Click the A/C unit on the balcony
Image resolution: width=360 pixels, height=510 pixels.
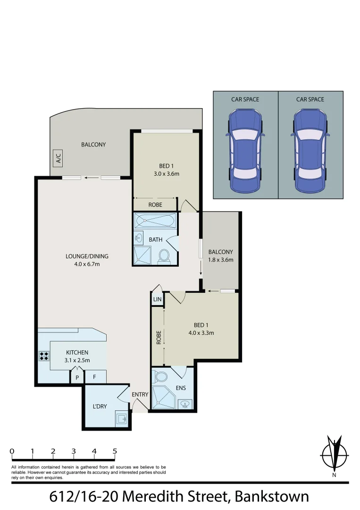(59, 158)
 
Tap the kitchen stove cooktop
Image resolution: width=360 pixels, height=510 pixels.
(44, 356)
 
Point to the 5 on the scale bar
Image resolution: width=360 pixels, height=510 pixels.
(115, 451)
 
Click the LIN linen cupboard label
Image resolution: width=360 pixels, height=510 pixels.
(157, 299)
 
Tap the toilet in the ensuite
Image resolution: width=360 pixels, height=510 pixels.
(160, 377)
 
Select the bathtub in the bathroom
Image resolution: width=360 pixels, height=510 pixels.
(155, 221)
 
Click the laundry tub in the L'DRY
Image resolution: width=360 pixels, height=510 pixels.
(121, 418)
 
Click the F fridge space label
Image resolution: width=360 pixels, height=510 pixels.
(94, 377)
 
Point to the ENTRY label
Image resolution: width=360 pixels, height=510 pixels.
(140, 394)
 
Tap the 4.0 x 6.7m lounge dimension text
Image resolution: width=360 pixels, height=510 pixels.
(86, 264)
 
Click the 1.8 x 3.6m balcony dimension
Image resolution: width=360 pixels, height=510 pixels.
(221, 260)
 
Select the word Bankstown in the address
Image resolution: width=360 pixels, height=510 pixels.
(272, 497)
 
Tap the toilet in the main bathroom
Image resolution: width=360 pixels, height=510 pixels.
(164, 255)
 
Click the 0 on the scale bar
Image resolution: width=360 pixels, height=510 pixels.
(11, 451)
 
